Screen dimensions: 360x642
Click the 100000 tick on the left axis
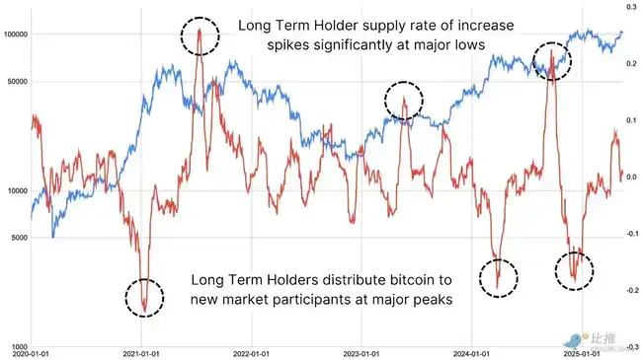click(x=15, y=35)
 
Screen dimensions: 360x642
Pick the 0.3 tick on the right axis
click(x=629, y=7)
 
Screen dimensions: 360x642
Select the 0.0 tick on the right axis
click(x=629, y=178)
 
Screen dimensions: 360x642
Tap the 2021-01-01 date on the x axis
click(x=144, y=353)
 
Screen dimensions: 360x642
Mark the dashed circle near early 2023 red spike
click(x=403, y=99)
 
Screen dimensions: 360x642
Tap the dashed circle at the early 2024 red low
click(x=498, y=277)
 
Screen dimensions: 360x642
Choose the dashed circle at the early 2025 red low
click(x=574, y=268)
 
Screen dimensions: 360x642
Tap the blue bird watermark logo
click(x=570, y=338)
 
